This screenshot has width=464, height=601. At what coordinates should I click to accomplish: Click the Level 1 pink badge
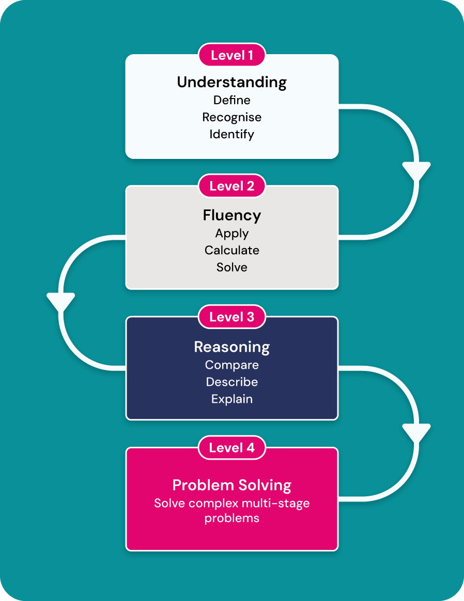click(232, 55)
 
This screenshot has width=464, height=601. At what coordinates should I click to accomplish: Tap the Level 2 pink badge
click(232, 186)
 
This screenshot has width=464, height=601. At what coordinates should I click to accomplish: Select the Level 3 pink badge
click(232, 317)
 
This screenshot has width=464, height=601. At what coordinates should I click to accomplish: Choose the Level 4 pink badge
click(232, 448)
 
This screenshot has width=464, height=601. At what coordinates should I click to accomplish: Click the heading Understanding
click(232, 82)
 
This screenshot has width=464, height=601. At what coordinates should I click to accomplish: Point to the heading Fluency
click(232, 215)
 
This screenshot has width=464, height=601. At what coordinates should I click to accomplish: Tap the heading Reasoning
click(232, 347)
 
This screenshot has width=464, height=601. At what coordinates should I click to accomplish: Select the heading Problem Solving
click(232, 485)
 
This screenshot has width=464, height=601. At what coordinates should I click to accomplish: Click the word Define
click(232, 100)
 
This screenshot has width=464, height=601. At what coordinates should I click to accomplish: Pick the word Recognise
click(232, 117)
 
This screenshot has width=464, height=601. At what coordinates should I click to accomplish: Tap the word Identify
click(232, 134)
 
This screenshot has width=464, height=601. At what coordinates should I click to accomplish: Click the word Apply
click(232, 233)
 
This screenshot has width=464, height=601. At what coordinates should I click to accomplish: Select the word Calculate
click(232, 250)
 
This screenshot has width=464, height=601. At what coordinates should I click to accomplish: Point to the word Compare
click(232, 365)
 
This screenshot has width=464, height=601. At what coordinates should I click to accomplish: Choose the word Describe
click(232, 382)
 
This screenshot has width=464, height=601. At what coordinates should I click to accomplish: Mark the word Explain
click(232, 399)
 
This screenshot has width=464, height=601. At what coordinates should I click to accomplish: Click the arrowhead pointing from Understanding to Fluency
click(416, 171)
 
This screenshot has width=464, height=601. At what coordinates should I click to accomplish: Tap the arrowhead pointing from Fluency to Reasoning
click(61, 302)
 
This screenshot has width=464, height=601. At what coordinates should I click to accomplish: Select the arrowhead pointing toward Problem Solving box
click(416, 433)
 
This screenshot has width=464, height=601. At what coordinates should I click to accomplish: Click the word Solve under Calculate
click(232, 267)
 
